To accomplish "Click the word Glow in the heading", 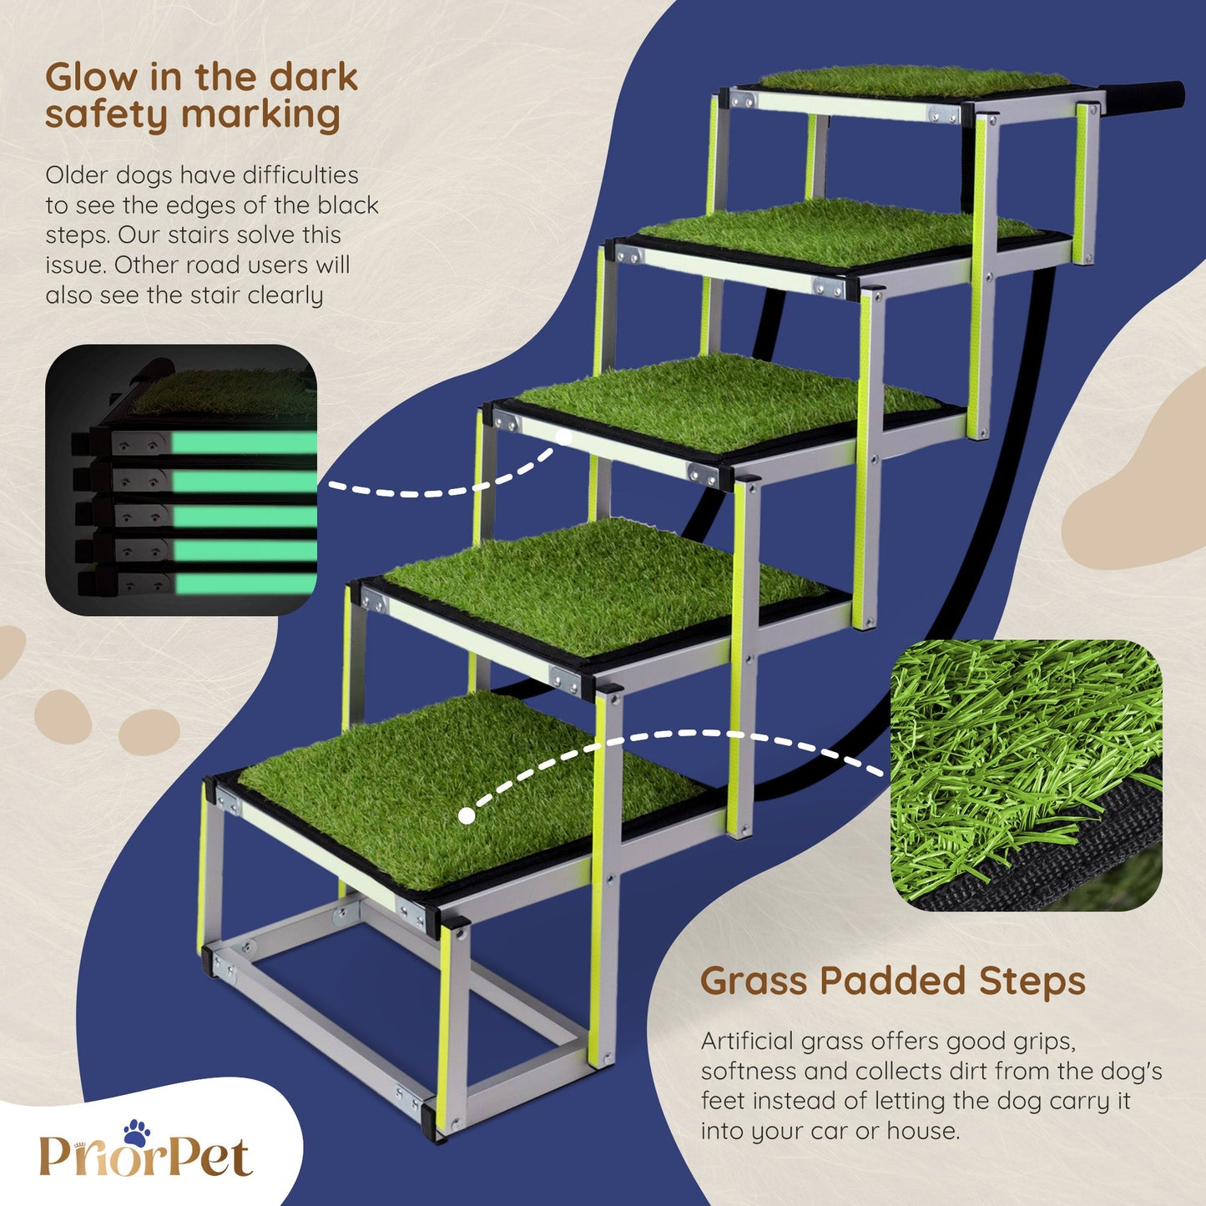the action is pos(91,78).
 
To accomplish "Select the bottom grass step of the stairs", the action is pos(468,790).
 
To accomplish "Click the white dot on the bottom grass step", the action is pos(467,815).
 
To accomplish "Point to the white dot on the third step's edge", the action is pos(564,436).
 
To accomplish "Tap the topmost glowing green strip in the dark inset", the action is pos(243,442).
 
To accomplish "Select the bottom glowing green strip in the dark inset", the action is pos(245,583).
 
